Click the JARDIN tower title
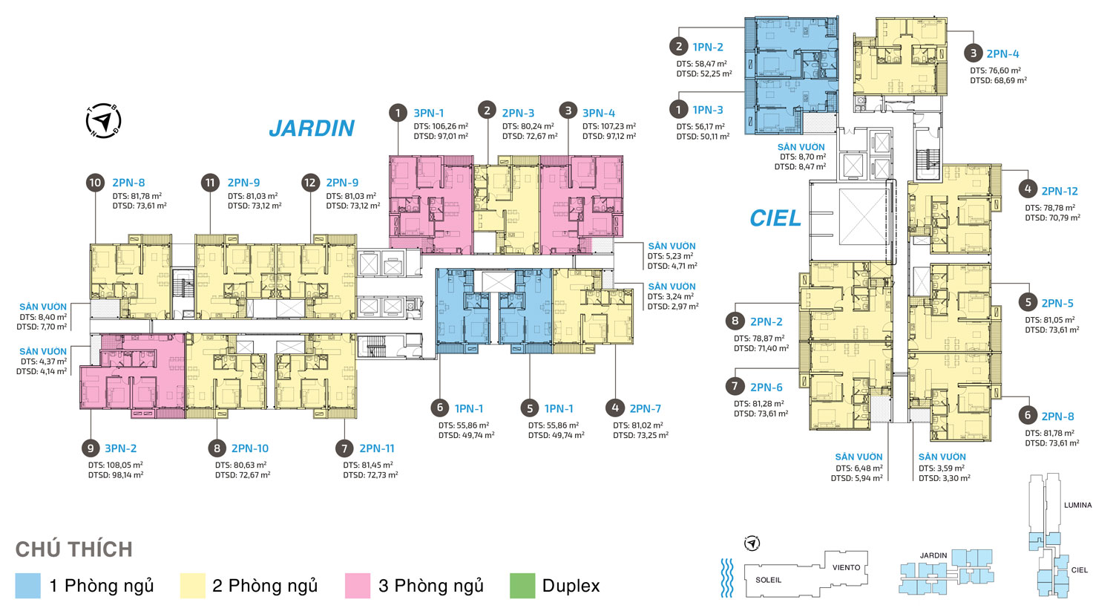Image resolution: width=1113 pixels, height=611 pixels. (x=312, y=128)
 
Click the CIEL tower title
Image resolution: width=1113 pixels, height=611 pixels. (x=775, y=218)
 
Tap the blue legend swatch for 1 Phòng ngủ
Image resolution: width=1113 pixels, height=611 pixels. (x=28, y=586)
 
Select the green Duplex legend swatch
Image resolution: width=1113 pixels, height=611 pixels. (x=522, y=586)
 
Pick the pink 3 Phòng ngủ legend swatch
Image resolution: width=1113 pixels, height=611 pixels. (x=357, y=586)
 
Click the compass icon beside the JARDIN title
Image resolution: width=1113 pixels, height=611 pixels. (x=103, y=121)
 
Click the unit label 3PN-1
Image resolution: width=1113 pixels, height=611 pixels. (x=429, y=113)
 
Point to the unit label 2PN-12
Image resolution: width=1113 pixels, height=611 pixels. (x=1060, y=191)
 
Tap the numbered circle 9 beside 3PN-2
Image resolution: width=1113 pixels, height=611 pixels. (x=91, y=448)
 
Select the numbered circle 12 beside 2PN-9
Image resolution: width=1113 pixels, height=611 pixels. (x=310, y=183)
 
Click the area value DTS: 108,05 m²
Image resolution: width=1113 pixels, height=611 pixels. (x=116, y=465)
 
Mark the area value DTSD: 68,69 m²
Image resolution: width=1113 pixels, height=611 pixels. (x=998, y=80)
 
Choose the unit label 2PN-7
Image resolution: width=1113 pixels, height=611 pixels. (x=646, y=408)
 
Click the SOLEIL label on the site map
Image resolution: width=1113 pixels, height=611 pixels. (x=768, y=580)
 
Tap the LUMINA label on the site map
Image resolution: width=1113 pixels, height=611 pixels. (x=1077, y=505)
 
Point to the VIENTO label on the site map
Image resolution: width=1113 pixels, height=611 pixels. (x=846, y=567)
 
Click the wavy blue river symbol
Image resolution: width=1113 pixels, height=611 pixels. (x=727, y=577)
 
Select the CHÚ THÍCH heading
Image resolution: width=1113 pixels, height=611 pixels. (x=74, y=549)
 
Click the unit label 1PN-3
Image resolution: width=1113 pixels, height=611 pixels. (x=708, y=110)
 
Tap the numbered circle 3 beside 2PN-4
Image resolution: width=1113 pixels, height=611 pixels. (x=974, y=53)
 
